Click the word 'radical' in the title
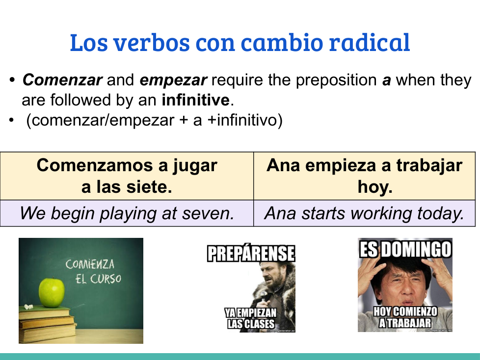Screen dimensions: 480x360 [x=369, y=42]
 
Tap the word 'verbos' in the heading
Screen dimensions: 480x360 [x=152, y=42]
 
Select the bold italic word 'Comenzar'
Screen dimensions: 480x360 [x=62, y=80]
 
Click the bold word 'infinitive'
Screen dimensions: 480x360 [x=196, y=100]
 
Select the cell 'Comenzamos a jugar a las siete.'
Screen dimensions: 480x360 [x=127, y=176]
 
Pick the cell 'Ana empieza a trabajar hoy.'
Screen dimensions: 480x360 [x=364, y=176]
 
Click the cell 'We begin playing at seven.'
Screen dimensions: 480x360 [x=127, y=213]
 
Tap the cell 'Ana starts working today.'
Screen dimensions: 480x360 [x=364, y=213]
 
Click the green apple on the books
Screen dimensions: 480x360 [x=52, y=292]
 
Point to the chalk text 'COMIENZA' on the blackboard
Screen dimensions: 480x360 [x=90, y=264]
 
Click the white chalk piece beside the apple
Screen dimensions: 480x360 [x=28, y=306]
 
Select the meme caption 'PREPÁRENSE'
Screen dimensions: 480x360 [x=251, y=253]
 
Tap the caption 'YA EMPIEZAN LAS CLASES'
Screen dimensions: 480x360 [x=251, y=318]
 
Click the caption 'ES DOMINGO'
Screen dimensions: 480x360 [x=405, y=249]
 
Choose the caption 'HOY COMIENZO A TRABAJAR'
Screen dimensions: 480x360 [x=405, y=317]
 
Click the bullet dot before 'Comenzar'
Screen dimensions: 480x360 [x=12, y=80]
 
